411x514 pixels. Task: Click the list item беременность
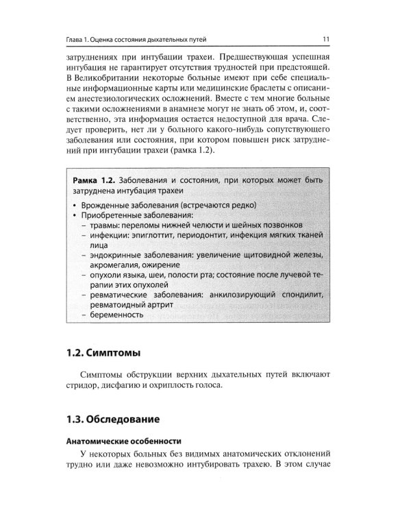pos(116,315)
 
